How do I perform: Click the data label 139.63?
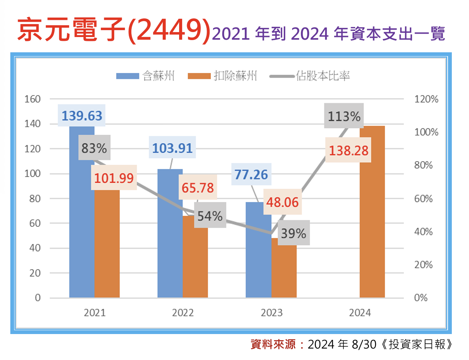[x=82, y=115]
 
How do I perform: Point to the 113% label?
[x=344, y=116]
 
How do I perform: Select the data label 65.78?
[x=197, y=188]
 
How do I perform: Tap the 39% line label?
[x=293, y=233]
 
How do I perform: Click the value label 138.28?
[x=349, y=150]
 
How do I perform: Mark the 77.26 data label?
[x=251, y=175]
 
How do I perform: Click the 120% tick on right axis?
[x=426, y=99]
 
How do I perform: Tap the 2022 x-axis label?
[x=183, y=313]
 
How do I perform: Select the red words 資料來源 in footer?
[x=273, y=345]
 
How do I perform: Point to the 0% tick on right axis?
[x=421, y=298]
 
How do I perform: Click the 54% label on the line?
[x=210, y=216]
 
